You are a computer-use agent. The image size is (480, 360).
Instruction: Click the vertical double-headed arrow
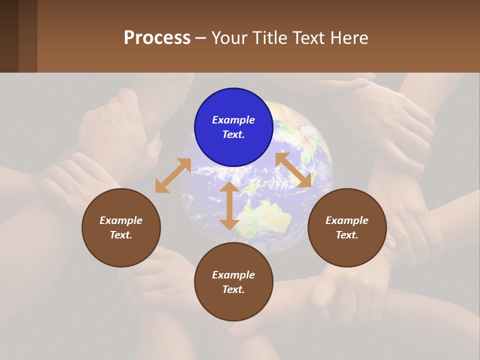229,205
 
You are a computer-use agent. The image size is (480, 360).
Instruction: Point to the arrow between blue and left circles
173,175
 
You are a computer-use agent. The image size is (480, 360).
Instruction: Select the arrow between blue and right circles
293,169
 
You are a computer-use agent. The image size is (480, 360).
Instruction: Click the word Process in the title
157,37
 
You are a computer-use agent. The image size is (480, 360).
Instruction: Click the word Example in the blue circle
233,120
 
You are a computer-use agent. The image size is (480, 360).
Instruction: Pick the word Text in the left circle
121,235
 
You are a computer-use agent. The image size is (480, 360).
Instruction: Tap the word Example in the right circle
347,220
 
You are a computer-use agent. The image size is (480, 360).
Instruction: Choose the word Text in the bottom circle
233,289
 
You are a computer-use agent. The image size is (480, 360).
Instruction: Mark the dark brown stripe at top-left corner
9,36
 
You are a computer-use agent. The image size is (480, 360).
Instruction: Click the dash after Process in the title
200,38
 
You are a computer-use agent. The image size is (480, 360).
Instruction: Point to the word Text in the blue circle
233,134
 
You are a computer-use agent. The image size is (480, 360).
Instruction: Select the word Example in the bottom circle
233,275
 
